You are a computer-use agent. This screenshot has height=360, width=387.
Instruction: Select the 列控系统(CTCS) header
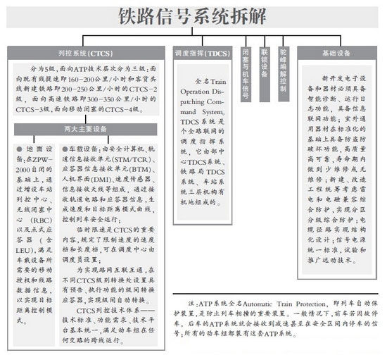(85, 54)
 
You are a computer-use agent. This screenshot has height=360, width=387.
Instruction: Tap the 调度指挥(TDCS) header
(202, 54)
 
